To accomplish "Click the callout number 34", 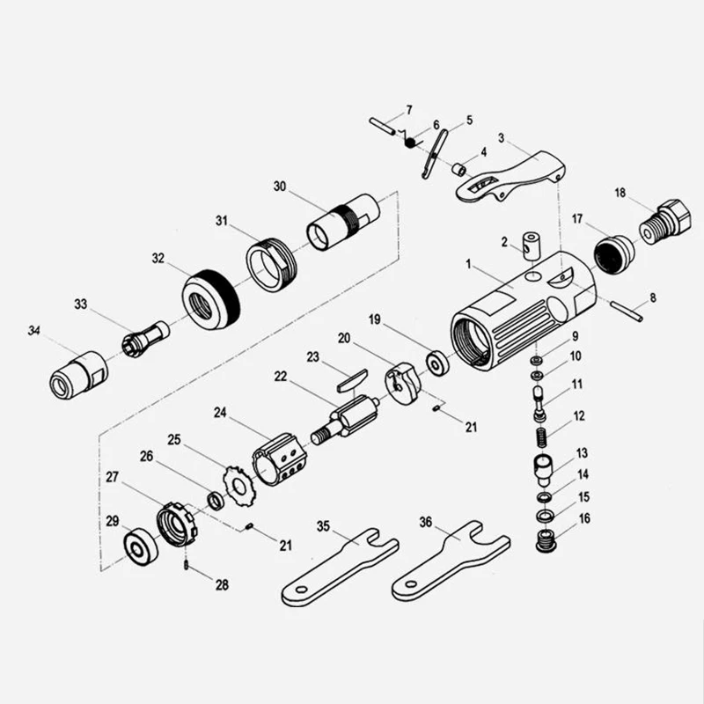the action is point(34,331).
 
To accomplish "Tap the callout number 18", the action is point(620,193).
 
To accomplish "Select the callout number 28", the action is point(222,585).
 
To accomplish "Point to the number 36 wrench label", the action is point(426,522).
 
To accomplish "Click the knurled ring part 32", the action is point(211,299).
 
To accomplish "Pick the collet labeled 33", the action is point(145,340).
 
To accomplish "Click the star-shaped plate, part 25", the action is point(237,487).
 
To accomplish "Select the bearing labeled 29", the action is point(141,546).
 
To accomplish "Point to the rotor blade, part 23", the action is point(352,380).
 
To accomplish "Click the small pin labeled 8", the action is point(627,312).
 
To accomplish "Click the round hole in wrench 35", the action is point(301,590).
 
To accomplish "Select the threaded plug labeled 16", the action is point(546,540).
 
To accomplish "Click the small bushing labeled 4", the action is point(458,170).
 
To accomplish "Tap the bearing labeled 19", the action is point(436,363).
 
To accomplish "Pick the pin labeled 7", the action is point(383,126).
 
